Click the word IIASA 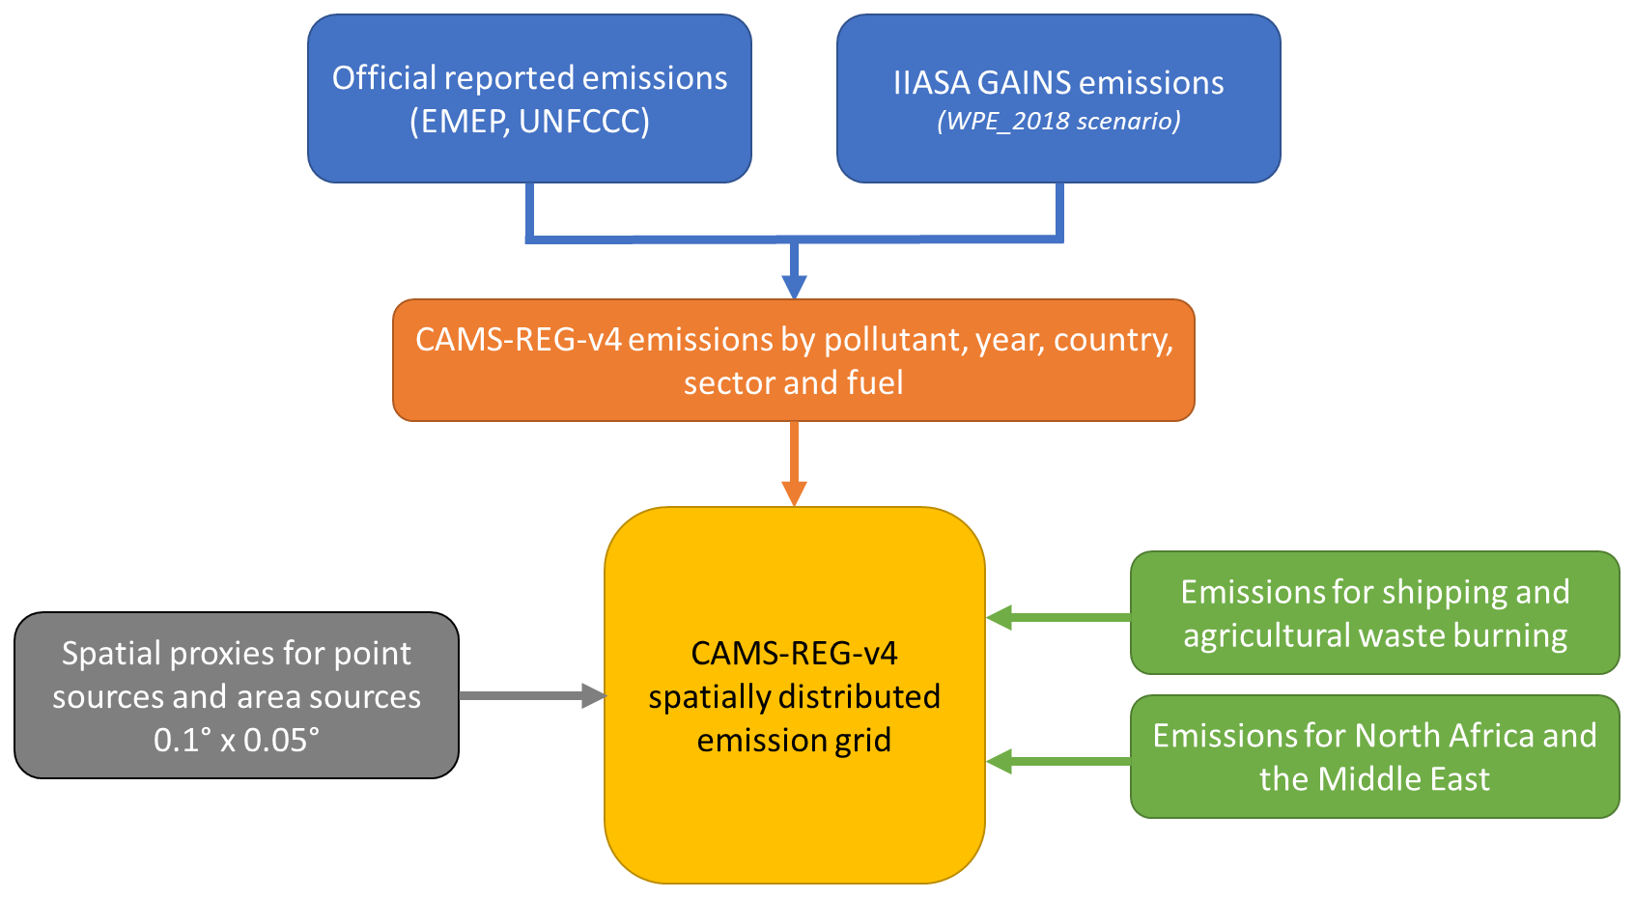pyautogui.click(x=931, y=83)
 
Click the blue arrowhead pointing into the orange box pyautogui.click(x=794, y=287)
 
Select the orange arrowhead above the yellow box pyautogui.click(x=794, y=493)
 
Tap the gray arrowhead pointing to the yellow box pyautogui.click(x=593, y=695)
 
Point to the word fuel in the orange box pyautogui.click(x=875, y=383)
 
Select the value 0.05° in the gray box pyautogui.click(x=281, y=741)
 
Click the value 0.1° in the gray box pyautogui.click(x=182, y=741)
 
